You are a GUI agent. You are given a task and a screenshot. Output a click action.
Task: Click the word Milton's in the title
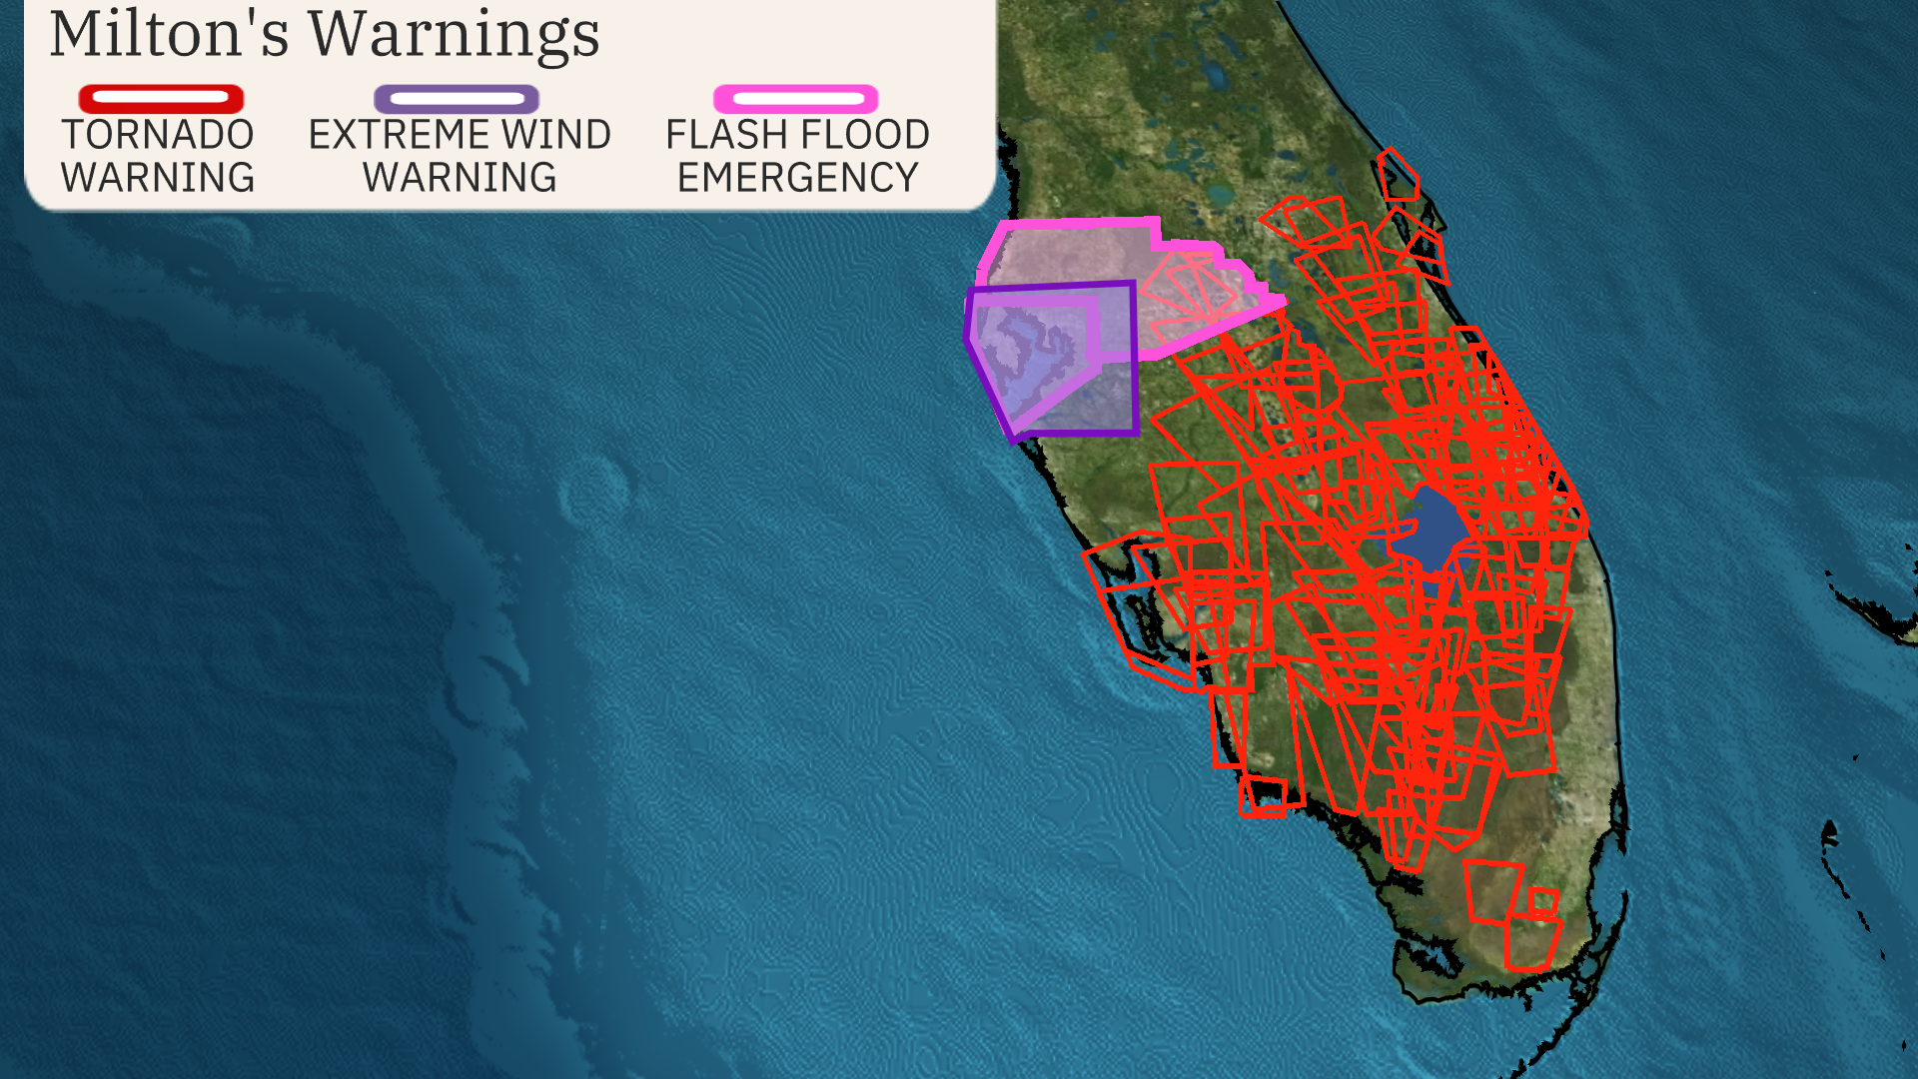169,34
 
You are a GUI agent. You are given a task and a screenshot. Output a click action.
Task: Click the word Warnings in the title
454,34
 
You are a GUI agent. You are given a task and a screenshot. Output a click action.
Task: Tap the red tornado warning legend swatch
161,98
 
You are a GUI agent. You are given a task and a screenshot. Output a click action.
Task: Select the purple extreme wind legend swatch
457,98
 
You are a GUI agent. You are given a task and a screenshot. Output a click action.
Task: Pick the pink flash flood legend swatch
796,98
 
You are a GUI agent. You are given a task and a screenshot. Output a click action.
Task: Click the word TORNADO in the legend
158,135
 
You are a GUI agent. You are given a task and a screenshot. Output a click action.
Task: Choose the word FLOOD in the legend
866,135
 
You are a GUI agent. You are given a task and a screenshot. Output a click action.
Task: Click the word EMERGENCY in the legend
797,178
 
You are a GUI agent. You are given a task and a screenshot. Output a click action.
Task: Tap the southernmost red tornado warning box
1530,944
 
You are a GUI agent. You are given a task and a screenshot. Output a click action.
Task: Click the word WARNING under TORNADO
158,178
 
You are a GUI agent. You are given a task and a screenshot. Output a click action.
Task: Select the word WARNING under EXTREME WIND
460,178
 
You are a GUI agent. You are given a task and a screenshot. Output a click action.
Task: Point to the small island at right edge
1878,609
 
